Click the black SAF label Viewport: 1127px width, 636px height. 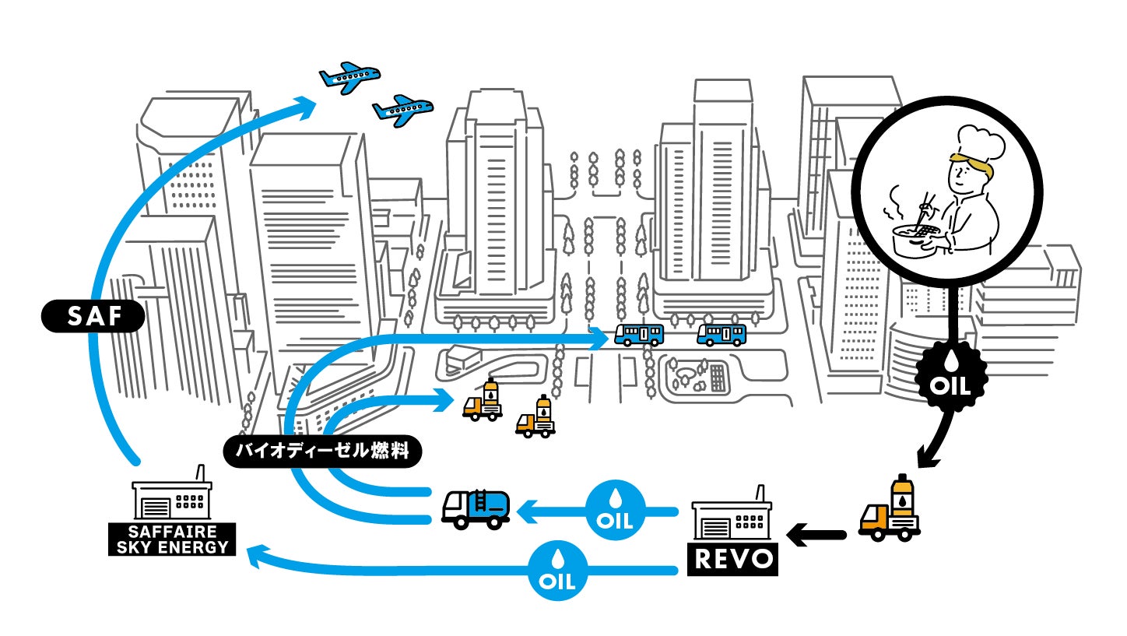(x=93, y=317)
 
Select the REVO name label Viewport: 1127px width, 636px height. (x=732, y=559)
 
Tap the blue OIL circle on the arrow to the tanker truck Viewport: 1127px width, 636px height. (x=616, y=511)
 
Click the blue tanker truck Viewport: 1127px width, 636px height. (x=476, y=509)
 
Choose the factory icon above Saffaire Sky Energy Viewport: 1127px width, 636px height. (x=171, y=498)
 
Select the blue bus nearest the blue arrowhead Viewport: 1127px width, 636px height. (x=639, y=335)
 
